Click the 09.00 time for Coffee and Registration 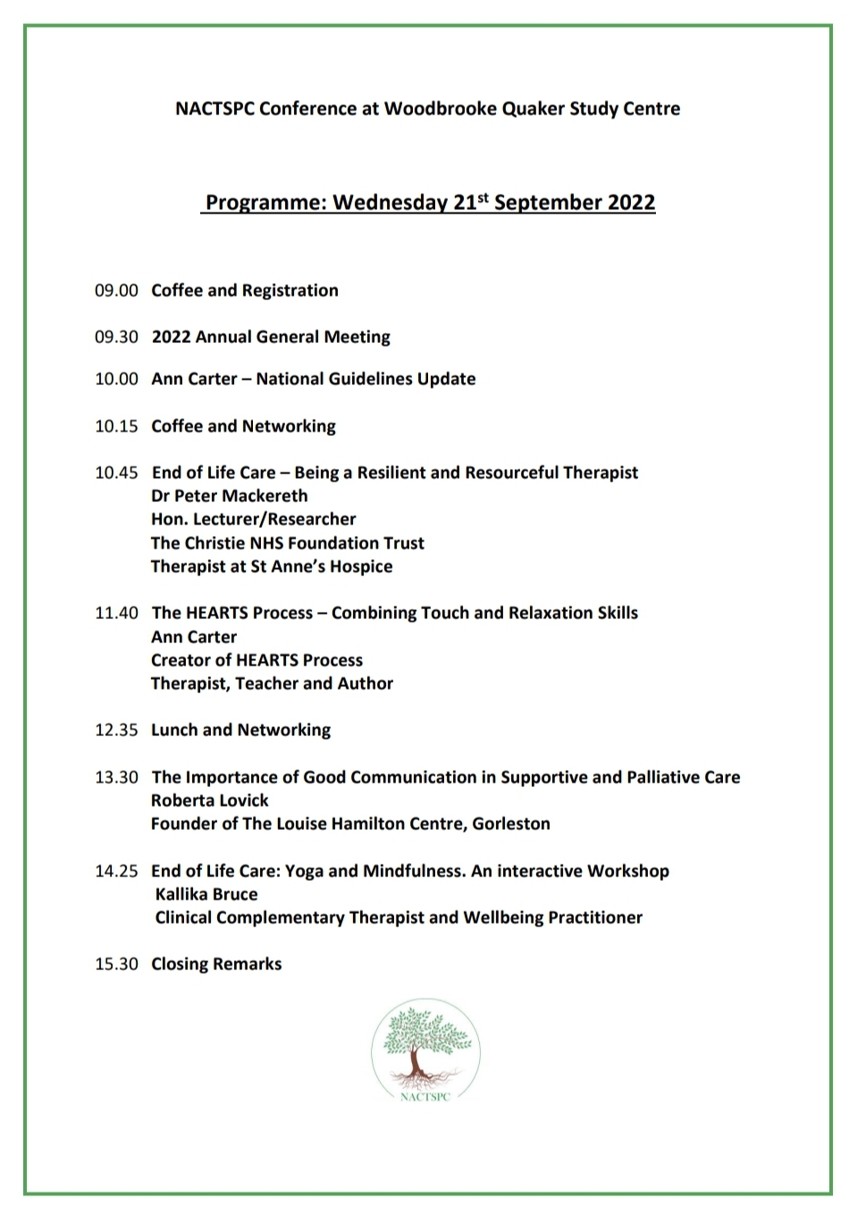(116, 290)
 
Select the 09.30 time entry (116, 337)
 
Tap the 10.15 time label (116, 426)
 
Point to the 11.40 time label (116, 613)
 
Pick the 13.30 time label (116, 777)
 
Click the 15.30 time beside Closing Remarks (116, 964)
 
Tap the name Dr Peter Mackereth (230, 496)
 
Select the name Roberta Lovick (210, 800)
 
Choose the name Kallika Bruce (206, 894)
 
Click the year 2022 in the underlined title (632, 203)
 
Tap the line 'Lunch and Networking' (240, 730)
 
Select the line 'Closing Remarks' (216, 964)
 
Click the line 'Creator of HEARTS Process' (257, 660)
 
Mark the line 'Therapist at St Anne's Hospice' (272, 566)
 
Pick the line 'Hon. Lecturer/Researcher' (254, 519)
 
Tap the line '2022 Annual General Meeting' (271, 337)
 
